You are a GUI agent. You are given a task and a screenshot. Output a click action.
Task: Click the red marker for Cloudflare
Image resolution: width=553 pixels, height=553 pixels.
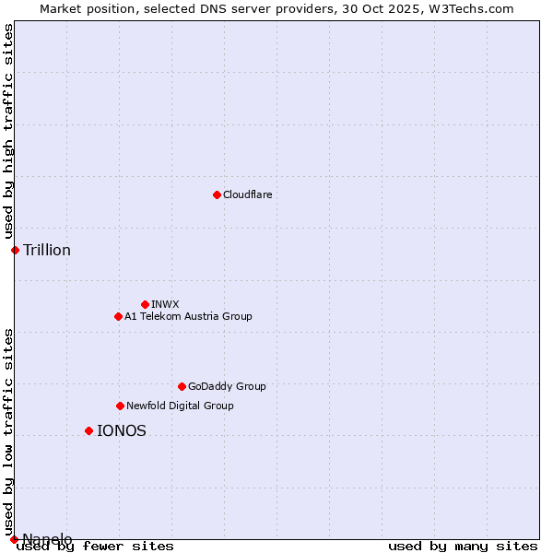pos(217,194)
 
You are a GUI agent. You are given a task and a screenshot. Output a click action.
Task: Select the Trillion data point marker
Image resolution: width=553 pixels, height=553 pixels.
pos(15,250)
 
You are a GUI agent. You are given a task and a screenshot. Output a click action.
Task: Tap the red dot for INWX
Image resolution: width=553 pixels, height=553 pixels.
pos(145,304)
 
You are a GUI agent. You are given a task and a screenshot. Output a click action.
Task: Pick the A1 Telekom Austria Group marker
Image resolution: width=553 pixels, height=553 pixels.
pos(118,316)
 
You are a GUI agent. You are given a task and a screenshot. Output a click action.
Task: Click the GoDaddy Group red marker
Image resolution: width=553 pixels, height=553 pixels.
pos(182,386)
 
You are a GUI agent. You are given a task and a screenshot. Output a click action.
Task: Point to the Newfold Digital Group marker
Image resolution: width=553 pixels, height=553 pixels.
pos(120,406)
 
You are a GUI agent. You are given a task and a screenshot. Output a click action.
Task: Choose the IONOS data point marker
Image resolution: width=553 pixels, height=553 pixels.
pos(88,430)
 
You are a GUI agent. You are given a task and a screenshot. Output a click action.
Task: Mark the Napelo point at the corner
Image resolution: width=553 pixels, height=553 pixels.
pos(14,539)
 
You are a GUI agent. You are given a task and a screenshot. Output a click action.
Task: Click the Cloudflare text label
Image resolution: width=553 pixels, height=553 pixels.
pos(247,194)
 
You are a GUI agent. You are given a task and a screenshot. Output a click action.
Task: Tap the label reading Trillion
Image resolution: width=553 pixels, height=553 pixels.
pos(47,251)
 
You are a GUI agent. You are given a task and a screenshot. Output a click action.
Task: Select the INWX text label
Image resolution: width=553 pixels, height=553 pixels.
pos(165,304)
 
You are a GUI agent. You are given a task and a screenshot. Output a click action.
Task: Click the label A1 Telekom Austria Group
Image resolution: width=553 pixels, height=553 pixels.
pos(188,316)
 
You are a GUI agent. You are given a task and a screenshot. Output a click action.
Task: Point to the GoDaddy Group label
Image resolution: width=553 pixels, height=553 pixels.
pos(227,386)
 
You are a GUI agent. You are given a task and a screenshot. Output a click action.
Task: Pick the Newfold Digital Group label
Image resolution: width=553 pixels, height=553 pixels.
pos(180,406)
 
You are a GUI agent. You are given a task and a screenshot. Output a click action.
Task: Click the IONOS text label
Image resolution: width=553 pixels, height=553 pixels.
pos(122,430)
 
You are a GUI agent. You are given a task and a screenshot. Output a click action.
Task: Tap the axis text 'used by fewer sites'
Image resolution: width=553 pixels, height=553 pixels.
pos(95,546)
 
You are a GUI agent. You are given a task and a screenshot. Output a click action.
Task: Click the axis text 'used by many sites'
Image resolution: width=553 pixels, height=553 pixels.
pos(463,546)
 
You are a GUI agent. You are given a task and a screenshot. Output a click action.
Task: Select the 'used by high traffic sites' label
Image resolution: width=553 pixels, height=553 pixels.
pos(8,131)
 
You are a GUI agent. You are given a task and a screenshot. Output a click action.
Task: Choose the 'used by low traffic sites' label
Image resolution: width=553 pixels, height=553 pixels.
pos(8,424)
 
